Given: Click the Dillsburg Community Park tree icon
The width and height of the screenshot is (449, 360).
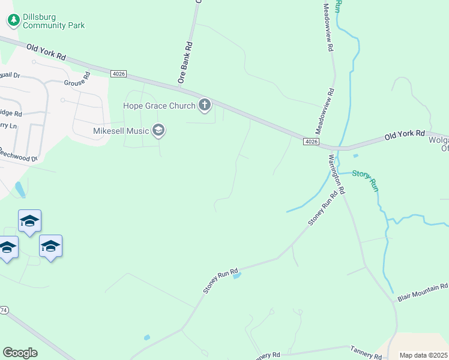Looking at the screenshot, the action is coord(13,21).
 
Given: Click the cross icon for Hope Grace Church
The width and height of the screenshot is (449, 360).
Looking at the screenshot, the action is coord(205,106).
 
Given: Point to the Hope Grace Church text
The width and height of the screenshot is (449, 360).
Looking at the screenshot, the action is coord(159,106).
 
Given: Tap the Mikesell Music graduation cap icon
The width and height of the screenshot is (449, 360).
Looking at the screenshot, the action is coord(158,130).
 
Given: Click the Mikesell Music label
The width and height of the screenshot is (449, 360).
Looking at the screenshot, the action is coord(121,130).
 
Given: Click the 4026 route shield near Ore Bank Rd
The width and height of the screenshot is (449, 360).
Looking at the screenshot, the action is coord(118,73).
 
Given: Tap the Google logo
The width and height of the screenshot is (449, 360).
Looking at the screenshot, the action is coord(20,352).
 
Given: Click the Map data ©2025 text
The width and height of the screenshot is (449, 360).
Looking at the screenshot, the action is coord(424,355).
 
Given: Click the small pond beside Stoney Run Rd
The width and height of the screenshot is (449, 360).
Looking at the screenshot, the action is coord(237,276).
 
